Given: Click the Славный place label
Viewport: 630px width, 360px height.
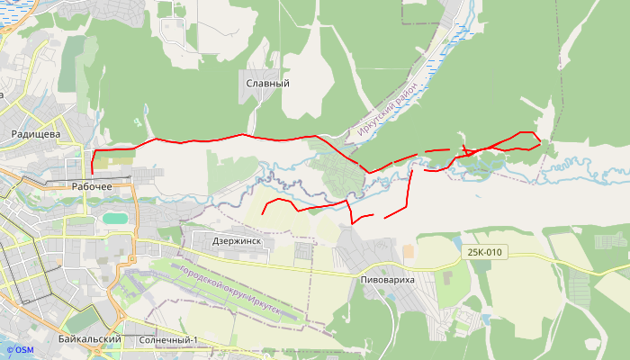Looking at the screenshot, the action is [268, 83].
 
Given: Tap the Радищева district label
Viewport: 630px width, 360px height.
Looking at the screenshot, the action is [36, 134].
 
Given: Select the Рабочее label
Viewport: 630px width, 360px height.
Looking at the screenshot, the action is [91, 186].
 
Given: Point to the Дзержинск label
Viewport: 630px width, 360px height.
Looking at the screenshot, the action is [237, 241].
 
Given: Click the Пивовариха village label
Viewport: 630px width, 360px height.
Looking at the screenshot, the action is [387, 280].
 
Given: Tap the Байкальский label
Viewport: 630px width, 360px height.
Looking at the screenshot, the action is [89, 339].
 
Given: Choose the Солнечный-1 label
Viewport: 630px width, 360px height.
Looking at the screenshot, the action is [168, 340].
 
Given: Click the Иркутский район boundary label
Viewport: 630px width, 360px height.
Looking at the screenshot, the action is [387, 116].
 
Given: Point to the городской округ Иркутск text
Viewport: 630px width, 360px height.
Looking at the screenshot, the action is [230, 290].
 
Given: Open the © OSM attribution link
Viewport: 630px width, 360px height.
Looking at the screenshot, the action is [20, 350].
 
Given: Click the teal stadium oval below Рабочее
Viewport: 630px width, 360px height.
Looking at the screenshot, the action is [114, 218].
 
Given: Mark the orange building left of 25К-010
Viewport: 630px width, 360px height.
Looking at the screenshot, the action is [409, 250].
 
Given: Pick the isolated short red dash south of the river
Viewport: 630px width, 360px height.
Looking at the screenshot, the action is [394, 213].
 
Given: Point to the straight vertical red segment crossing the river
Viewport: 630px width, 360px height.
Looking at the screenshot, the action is [410, 184].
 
